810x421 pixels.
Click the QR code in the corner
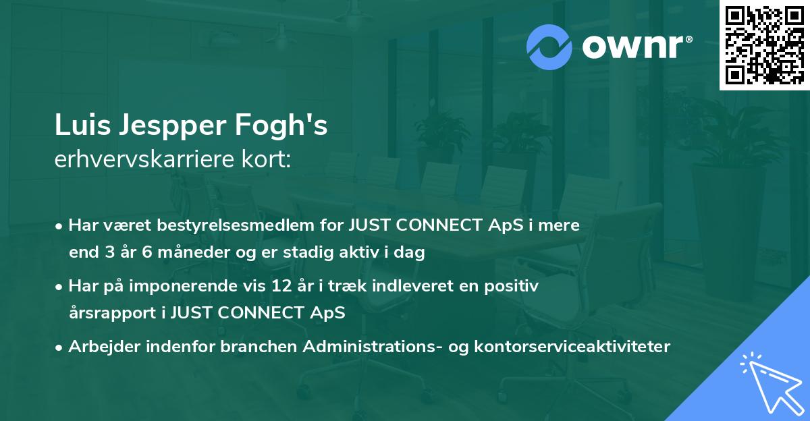click(764, 45)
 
